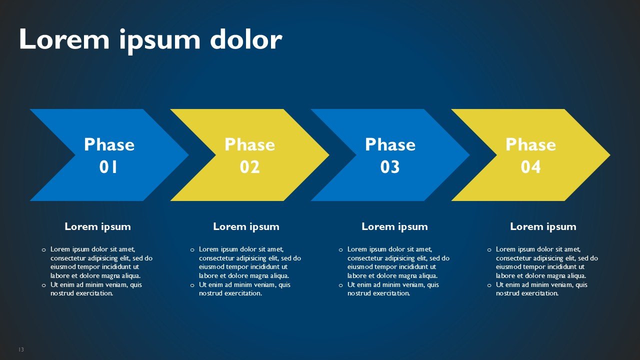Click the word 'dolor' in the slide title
pyautogui.click(x=246, y=39)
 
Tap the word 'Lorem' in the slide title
pyautogui.click(x=64, y=39)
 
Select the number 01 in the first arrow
pyautogui.click(x=108, y=167)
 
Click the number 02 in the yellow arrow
pyautogui.click(x=249, y=167)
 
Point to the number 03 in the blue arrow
pyautogui.click(x=390, y=167)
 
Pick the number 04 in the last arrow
pyautogui.click(x=530, y=167)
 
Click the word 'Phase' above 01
pyautogui.click(x=109, y=144)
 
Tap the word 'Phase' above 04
pyautogui.click(x=531, y=144)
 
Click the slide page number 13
pyautogui.click(x=21, y=349)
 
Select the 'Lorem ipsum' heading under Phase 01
pyautogui.click(x=97, y=227)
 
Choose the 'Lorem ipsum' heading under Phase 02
pyautogui.click(x=246, y=227)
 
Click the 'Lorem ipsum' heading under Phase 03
pyautogui.click(x=395, y=227)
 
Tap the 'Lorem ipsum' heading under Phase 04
pyautogui.click(x=543, y=227)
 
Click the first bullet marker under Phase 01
pyautogui.click(x=43, y=250)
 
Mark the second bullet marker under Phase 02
pyautogui.click(x=192, y=285)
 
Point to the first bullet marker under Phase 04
pyautogui.click(x=489, y=250)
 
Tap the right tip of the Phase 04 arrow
pyautogui.click(x=610, y=155)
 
